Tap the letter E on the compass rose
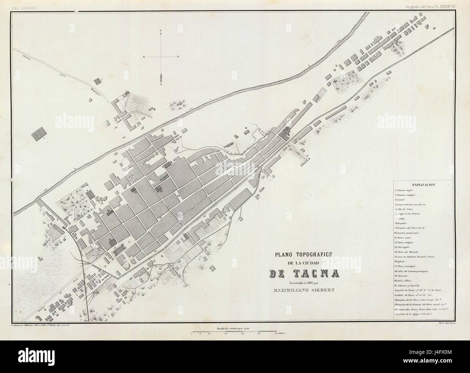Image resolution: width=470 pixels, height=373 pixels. [178, 57]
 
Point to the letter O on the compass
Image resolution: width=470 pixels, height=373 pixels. [144, 57]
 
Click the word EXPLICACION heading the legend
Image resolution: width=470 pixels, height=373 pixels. [423, 184]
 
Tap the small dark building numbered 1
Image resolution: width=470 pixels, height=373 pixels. [97, 81]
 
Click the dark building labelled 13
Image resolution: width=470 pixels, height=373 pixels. [159, 188]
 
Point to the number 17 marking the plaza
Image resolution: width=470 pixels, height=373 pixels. [128, 241]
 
